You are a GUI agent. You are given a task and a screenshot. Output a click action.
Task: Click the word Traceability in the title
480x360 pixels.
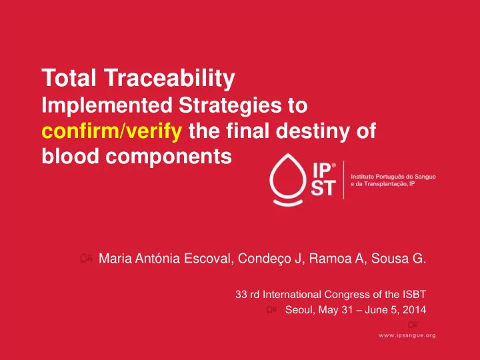[x=169, y=79]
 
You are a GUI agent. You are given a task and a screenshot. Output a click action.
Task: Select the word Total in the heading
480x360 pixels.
[x=69, y=78]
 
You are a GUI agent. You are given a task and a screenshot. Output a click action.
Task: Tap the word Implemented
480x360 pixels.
[x=107, y=106]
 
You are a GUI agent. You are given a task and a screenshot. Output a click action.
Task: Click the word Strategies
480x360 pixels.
[x=230, y=106]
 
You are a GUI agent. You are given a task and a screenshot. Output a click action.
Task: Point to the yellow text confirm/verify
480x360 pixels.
[x=112, y=131]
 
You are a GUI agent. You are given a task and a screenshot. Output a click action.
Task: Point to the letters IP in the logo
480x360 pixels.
[x=322, y=170]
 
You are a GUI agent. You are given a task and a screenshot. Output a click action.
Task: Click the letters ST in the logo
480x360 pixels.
[x=323, y=188]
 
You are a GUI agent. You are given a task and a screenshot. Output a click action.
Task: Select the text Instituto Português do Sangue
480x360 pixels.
[x=393, y=177]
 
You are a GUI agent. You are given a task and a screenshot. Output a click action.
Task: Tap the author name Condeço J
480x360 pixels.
[x=269, y=259]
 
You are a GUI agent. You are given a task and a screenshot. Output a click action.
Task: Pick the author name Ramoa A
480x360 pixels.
[x=336, y=259]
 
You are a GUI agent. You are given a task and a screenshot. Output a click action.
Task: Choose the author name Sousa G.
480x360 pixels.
[x=399, y=259]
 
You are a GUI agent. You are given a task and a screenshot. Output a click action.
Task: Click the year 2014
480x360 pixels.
[x=415, y=310]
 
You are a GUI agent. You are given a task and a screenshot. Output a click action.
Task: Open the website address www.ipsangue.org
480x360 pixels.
[x=407, y=335]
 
